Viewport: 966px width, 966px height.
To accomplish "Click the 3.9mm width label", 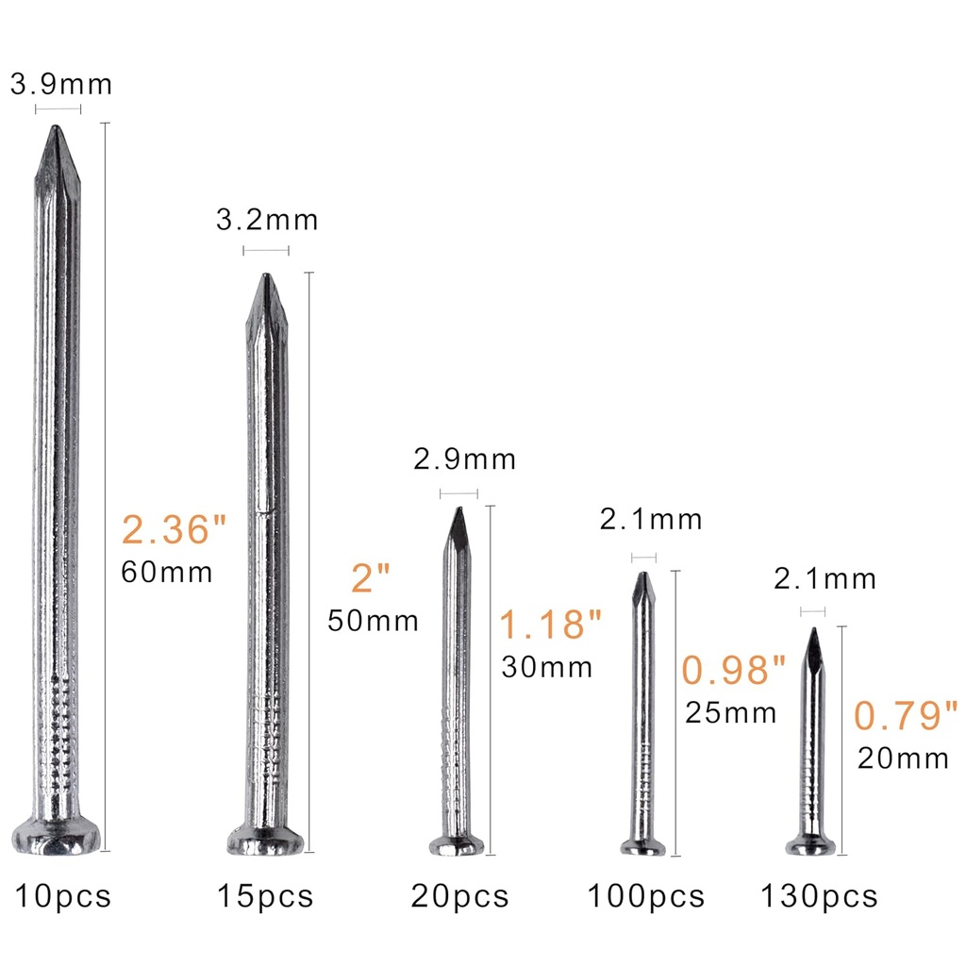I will click(60, 84).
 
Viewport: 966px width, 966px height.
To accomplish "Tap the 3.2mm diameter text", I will click(267, 220).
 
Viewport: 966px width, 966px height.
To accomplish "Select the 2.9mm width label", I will click(465, 459).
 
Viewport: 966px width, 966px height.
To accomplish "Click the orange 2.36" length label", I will click(175, 530).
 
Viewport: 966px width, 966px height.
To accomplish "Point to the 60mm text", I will click(167, 572).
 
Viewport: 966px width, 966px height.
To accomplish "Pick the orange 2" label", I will click(370, 578).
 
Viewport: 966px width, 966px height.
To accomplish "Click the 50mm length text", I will click(373, 621).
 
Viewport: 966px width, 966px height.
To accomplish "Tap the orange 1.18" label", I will click(550, 625).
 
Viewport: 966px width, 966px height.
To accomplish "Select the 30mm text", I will click(547, 667).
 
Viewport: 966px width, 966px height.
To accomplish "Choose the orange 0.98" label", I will click(734, 671).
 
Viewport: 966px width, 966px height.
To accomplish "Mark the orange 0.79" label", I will click(907, 716).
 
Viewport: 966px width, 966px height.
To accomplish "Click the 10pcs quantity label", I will click(62, 895).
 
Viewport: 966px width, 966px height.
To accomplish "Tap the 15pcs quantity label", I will click(265, 895).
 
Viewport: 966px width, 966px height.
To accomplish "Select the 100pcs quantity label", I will click(646, 895).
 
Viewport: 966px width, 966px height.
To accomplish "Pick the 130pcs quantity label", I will click(819, 895).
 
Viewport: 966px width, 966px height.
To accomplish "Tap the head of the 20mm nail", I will click(811, 845).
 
